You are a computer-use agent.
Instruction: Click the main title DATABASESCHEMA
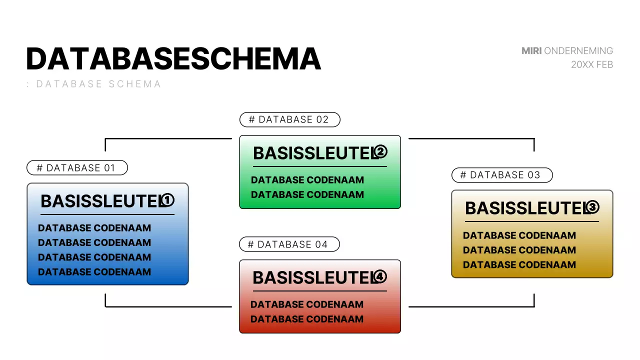click(173, 59)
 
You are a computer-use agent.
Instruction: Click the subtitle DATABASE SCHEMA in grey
click(98, 84)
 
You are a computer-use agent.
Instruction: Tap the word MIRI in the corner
click(531, 51)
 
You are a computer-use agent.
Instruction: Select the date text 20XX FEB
click(592, 64)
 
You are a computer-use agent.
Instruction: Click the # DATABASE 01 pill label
click(77, 168)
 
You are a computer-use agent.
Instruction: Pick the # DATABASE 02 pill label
click(289, 119)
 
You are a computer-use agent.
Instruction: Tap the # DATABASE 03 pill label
click(501, 175)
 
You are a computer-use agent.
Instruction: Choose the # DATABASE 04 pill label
click(289, 244)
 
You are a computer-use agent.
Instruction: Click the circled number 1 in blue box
click(167, 200)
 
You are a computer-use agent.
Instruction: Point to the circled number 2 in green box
click(381, 151)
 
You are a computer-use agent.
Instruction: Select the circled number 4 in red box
click(380, 276)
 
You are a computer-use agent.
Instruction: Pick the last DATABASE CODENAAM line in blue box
click(94, 272)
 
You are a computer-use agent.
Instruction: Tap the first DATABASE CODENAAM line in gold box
click(519, 235)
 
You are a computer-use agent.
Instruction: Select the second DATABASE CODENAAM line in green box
click(307, 194)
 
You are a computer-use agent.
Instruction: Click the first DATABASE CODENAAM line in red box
click(307, 304)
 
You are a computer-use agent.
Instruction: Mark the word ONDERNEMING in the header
click(578, 51)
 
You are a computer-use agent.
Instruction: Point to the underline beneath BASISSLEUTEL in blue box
click(107, 214)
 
